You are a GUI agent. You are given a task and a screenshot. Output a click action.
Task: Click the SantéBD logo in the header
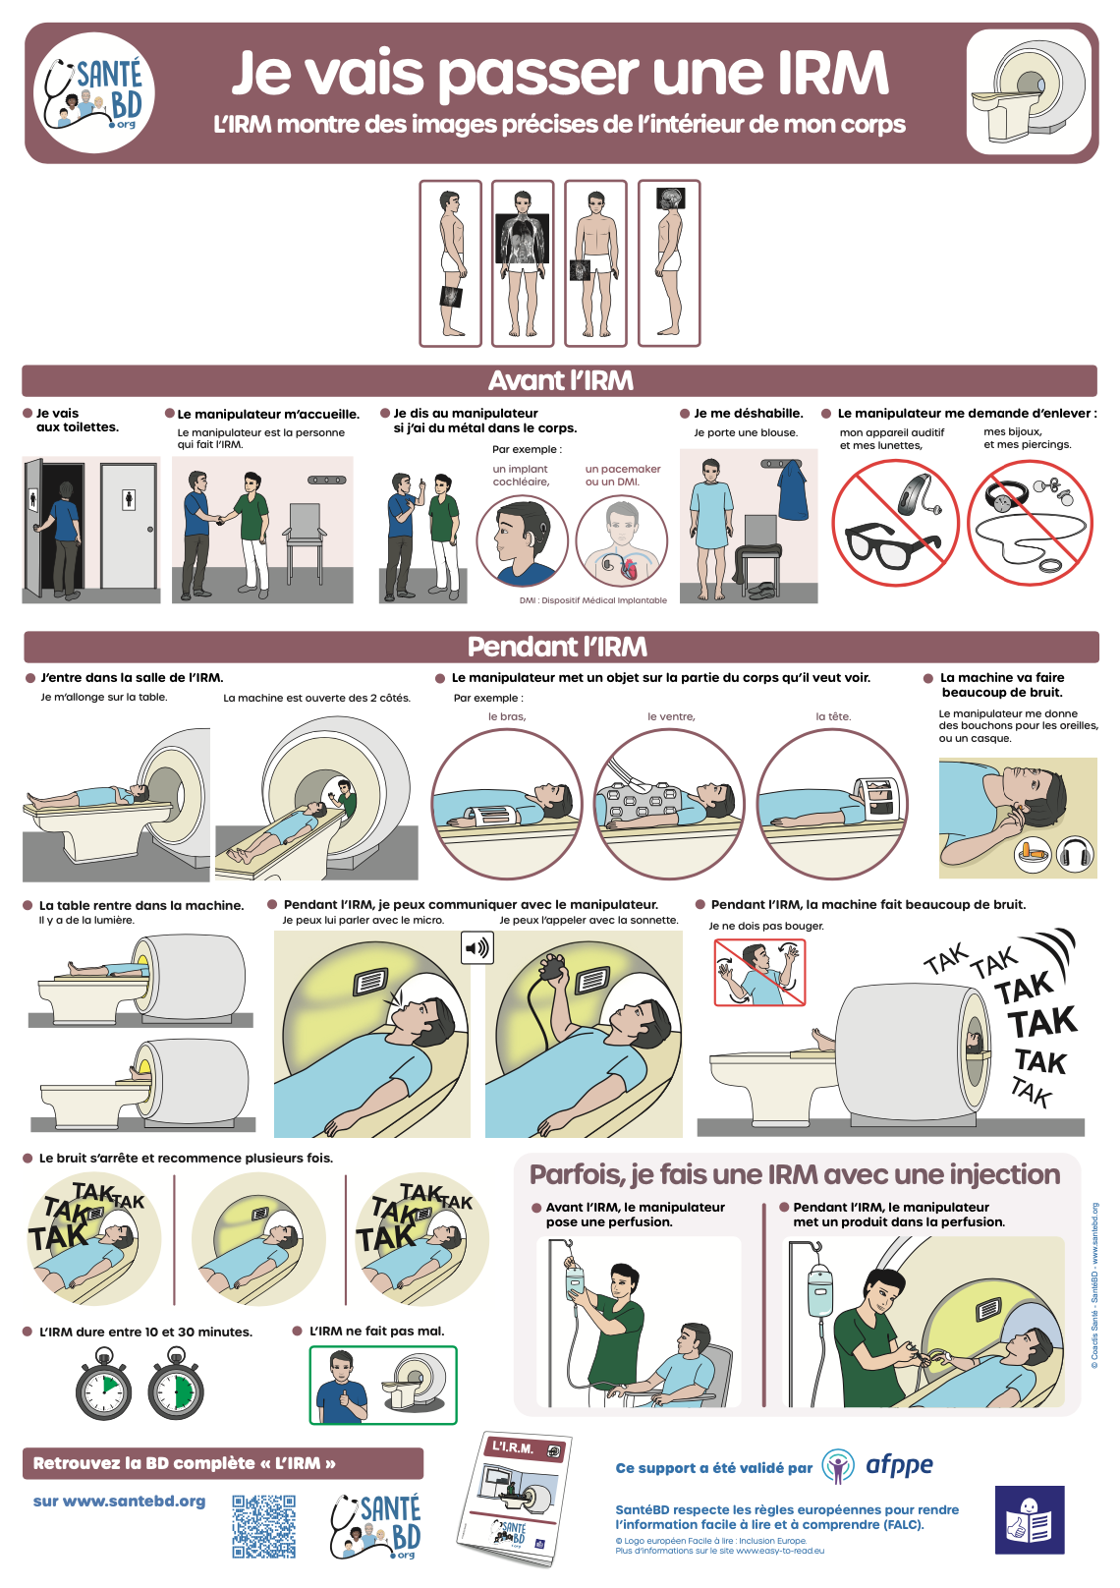[94, 92]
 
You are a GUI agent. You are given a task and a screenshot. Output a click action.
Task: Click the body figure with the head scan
[669, 263]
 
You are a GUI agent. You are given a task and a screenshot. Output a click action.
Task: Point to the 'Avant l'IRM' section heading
[560, 380]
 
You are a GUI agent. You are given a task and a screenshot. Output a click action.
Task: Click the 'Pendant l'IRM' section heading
[557, 647]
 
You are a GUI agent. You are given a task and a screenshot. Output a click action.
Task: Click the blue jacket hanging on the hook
[793, 490]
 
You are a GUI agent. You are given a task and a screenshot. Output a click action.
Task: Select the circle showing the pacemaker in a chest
[622, 540]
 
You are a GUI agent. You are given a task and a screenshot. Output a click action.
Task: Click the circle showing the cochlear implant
[523, 540]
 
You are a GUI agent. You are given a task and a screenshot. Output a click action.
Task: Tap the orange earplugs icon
[1033, 854]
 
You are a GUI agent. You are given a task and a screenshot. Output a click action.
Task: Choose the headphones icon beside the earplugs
[1076, 854]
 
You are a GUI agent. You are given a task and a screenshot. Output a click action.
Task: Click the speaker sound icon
[477, 948]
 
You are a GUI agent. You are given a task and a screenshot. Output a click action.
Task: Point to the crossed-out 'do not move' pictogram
[759, 973]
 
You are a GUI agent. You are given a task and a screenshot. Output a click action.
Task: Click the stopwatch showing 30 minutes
[175, 1385]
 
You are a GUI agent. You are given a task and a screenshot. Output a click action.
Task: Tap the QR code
[263, 1526]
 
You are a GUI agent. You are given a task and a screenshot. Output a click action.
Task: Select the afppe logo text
[899, 1464]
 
